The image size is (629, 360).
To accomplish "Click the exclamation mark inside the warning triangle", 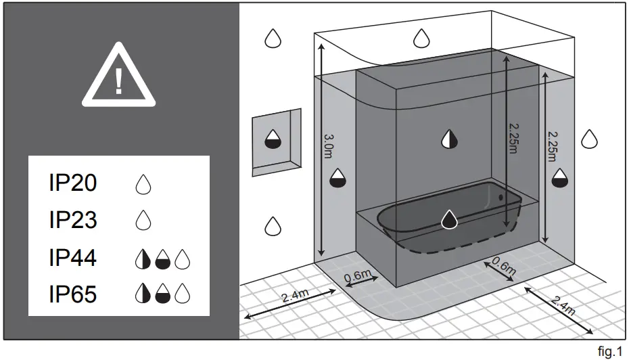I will click(119, 81).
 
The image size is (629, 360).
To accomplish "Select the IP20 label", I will click(73, 183).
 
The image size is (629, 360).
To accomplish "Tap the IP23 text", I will click(73, 220).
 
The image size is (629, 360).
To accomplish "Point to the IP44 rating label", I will click(73, 258).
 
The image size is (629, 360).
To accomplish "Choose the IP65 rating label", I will click(73, 295).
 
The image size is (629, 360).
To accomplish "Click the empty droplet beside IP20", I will click(143, 183).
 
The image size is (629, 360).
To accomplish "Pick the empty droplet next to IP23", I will click(143, 221).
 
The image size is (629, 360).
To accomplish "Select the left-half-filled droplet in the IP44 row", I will click(143, 258).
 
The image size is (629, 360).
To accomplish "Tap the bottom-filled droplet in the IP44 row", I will click(162, 258).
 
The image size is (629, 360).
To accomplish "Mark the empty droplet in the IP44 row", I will click(182, 258).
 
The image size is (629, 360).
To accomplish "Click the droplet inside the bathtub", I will click(448, 219).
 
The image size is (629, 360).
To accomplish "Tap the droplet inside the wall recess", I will click(273, 139).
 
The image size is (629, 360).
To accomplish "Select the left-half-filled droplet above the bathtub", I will click(449, 139).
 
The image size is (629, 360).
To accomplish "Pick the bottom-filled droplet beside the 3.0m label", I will click(337, 179).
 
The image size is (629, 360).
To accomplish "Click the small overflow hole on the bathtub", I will click(501, 197).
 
